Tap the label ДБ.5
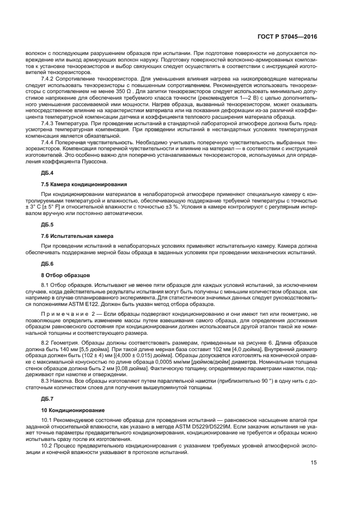pyautogui.click(x=47, y=225)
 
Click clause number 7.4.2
pyautogui.click(x=49, y=78)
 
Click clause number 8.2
pyautogui.click(x=46, y=341)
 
